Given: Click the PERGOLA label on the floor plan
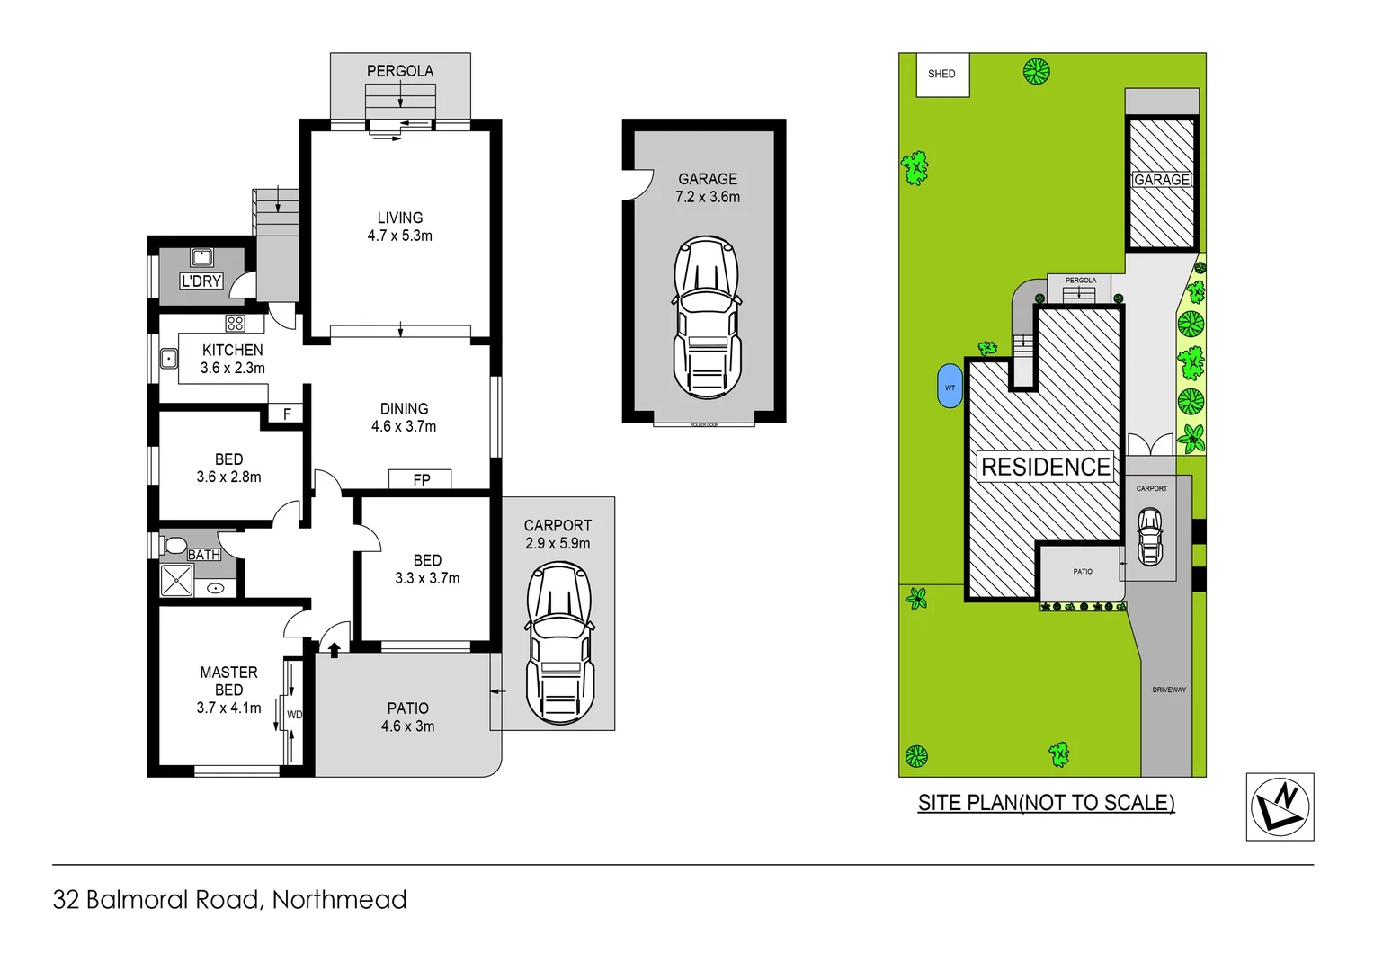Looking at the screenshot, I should coord(400,71).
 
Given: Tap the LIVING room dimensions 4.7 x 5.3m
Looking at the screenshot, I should coord(400,236).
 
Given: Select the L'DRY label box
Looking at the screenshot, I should coord(201,281).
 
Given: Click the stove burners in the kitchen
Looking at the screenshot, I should coord(236,324).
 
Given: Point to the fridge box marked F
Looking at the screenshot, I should coord(287,414).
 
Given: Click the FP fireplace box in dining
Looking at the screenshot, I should coord(421,479).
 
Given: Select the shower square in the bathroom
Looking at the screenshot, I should coord(176,581).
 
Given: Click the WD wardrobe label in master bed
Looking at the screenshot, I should coord(294,715).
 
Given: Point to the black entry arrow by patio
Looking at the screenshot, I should coord(335,650).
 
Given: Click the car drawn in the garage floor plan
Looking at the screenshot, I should coord(708,318).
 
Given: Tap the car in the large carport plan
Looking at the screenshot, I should coord(559,643).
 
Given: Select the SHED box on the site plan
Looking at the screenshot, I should coord(941,75).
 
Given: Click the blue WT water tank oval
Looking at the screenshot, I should coord(950,388).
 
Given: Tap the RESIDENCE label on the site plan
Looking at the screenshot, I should coord(1045,467).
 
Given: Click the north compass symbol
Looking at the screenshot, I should coord(1280,806).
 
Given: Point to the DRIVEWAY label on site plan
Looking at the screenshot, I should coord(1169,690).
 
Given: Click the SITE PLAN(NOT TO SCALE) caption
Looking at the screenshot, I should coord(1046,803).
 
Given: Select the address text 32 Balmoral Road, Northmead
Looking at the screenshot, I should coord(230,900).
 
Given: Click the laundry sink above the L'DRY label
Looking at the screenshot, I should coord(201,258).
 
